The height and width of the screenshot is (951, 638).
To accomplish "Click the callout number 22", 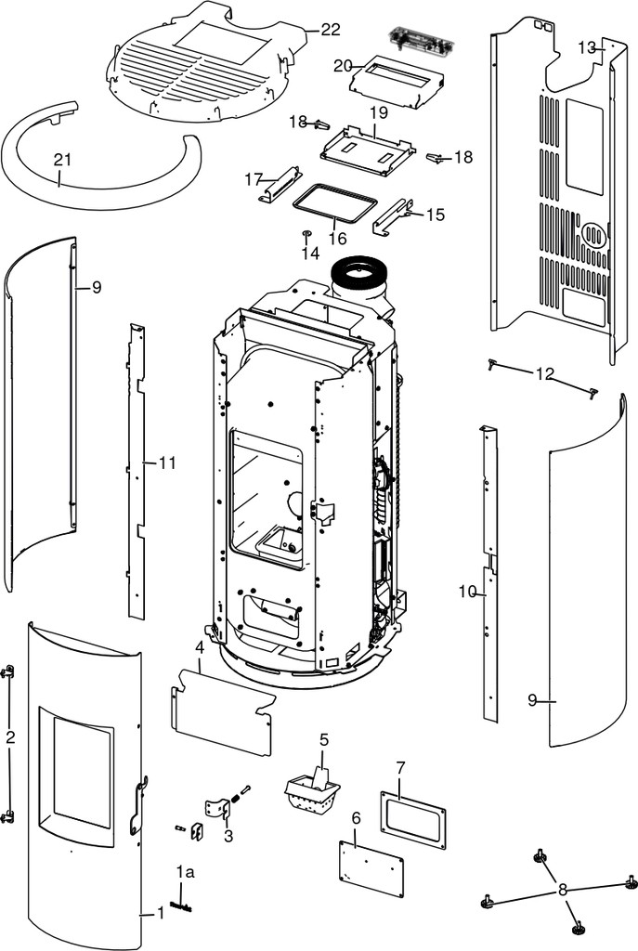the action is pos(331,29).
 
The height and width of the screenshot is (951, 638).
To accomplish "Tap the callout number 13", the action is pos(587,47).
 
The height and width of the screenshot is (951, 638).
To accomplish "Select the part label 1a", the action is pos(185,873).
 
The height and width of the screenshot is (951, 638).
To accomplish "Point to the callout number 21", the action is pos(62,160).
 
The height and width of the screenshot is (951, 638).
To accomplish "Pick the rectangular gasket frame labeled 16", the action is pos(333,202).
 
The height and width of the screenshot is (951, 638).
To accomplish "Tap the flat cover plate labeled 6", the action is pos(371,868).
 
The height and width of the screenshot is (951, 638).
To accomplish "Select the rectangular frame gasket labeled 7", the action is pos(413,819).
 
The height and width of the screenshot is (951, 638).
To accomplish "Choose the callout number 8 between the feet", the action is pos(562,890).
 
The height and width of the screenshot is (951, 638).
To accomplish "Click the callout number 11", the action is pos(167,462).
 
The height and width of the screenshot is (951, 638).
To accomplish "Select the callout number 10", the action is pos(467,592).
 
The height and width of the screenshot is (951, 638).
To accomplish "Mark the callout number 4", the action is pos(200,647).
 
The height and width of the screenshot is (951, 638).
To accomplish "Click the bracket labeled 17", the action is pos(280,185).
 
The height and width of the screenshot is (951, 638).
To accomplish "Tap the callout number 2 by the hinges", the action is pos(9,737).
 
